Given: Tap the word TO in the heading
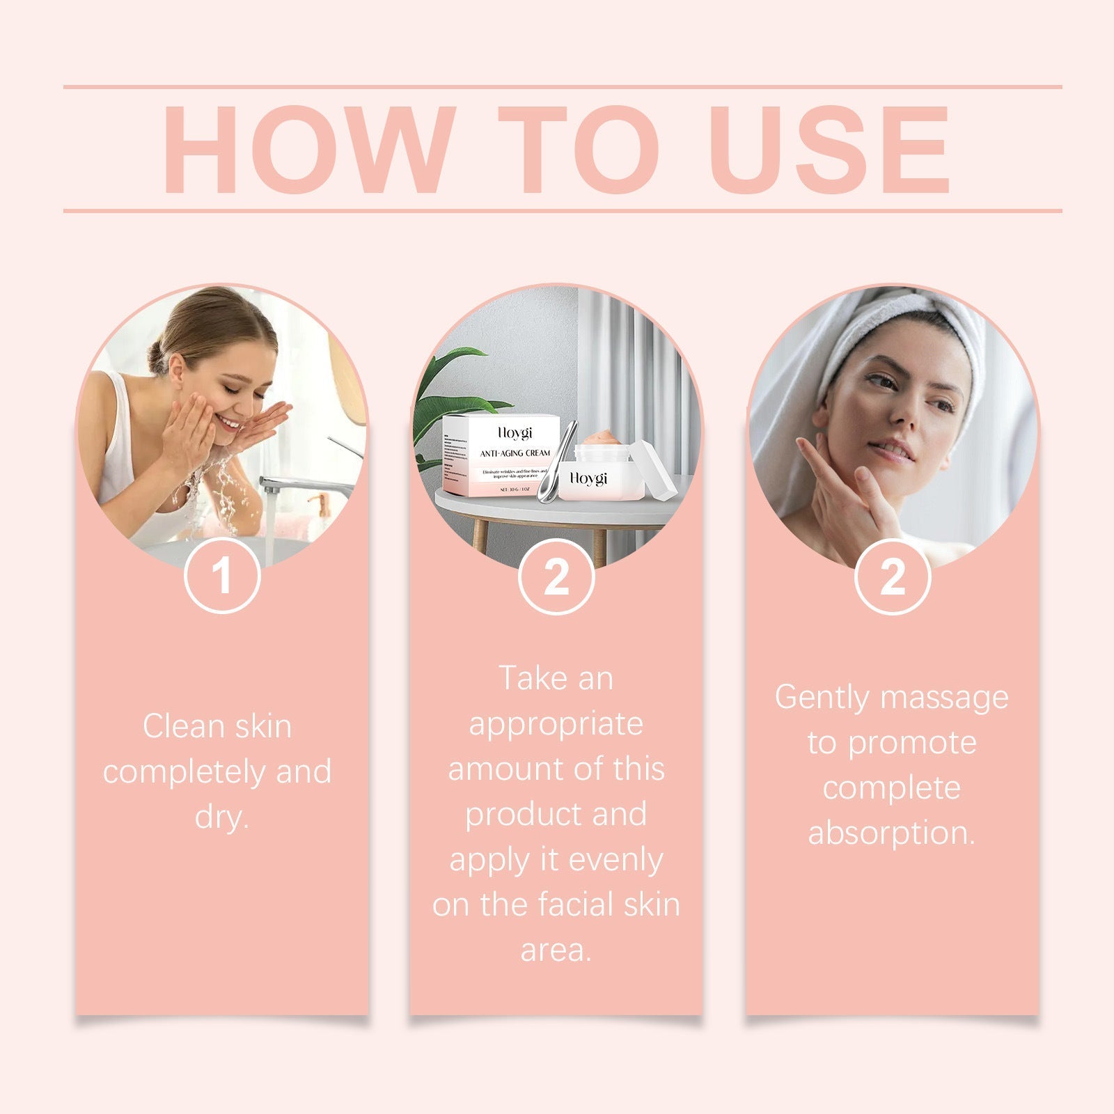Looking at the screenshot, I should point(578,150).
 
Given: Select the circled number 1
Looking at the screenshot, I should point(222,576).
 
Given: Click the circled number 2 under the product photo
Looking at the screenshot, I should point(556,576).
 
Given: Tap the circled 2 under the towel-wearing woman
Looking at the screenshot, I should point(893,576).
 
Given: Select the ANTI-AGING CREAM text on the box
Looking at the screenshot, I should point(515,453).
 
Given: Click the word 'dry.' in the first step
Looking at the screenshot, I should point(221,817).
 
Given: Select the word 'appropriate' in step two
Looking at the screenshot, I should point(556,724).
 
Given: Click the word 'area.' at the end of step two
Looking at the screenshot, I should point(556,950).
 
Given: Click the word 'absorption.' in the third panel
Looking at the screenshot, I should point(891,833).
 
